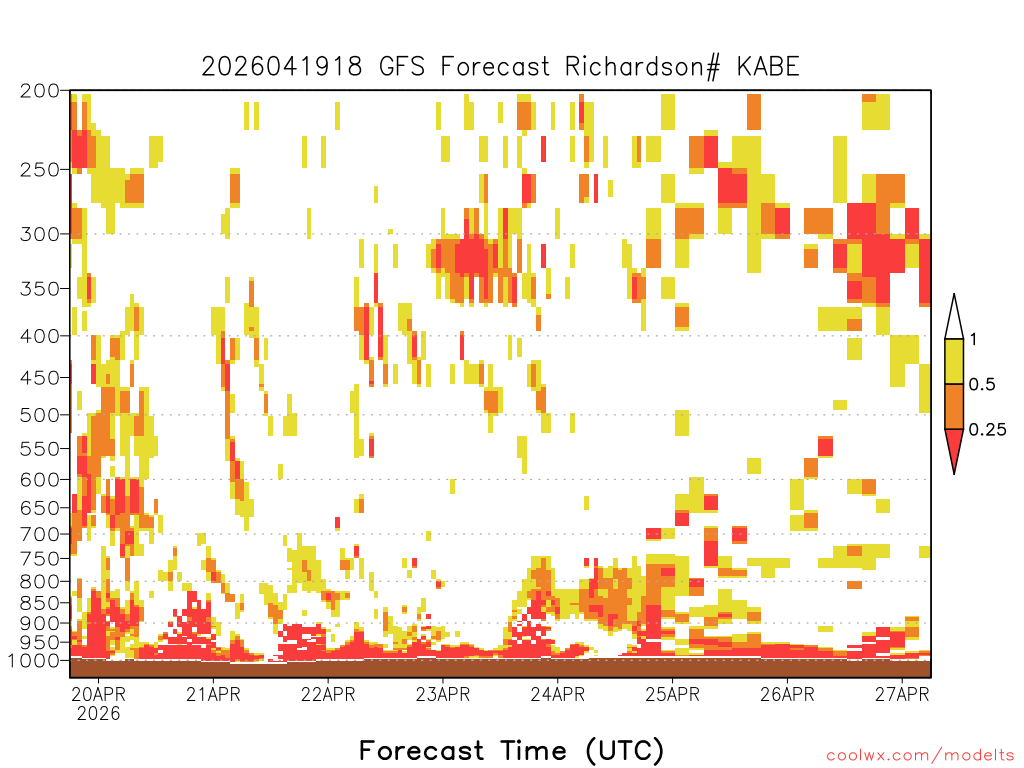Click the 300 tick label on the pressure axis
pos(39,234)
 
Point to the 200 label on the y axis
pos(39,91)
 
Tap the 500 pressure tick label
pos(39,415)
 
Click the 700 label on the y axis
pos(39,534)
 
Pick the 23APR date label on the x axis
pos(443,694)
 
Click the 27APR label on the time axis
pos(902,694)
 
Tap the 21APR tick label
pos(213,694)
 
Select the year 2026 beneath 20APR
pos(99,713)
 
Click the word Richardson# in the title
pos(643,67)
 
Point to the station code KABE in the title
pos(768,67)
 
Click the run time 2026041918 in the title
pos(281,67)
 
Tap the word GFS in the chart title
pos(402,67)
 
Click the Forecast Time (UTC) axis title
pos(511,750)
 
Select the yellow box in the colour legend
pos(954,361)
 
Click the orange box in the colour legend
pos(954,406)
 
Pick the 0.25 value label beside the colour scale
pos(987,430)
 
